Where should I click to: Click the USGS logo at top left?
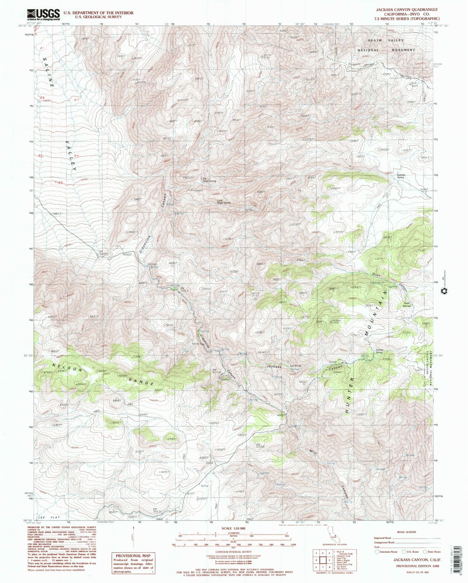coord(44,15)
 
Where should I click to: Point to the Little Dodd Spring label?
coord(223,202)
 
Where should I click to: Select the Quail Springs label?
coord(406,304)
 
